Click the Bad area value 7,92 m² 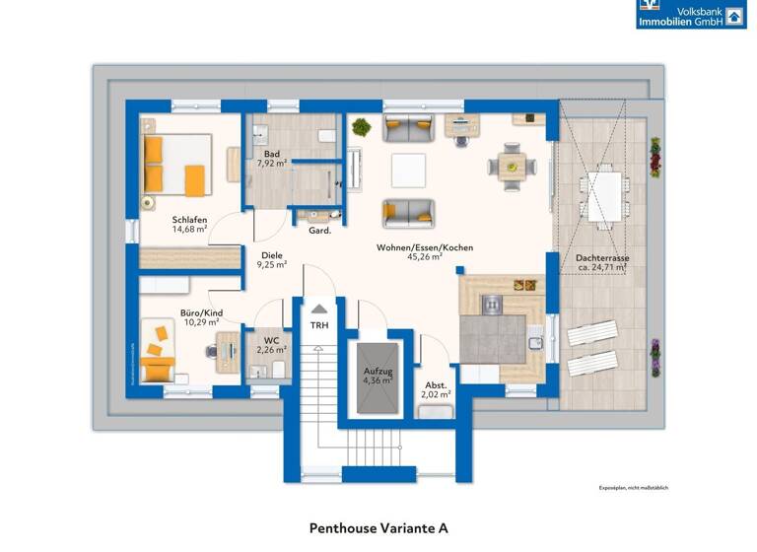tap(271, 164)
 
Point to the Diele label tap(271, 254)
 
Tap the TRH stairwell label tap(318, 324)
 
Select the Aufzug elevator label tap(378, 371)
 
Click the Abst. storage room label tap(436, 384)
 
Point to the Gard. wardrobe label tap(319, 231)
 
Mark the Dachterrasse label tap(602, 258)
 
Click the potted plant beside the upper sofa tap(361, 127)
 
